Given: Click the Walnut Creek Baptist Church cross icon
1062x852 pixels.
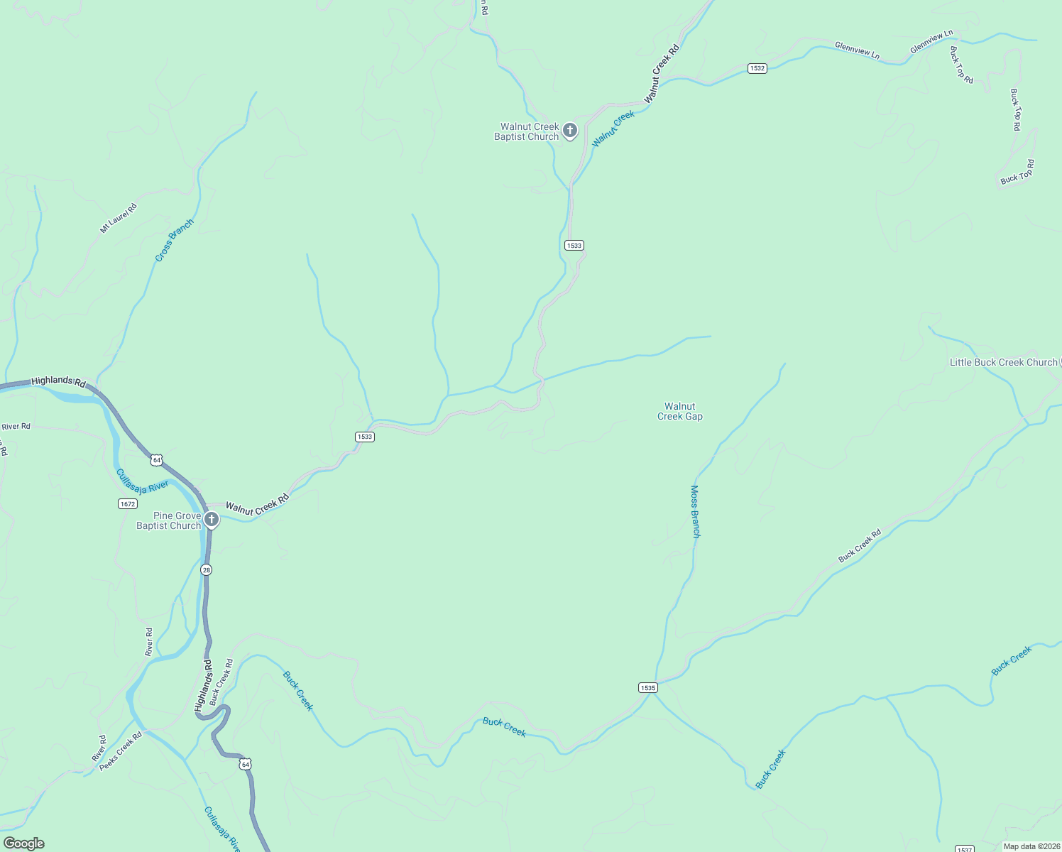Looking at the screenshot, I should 569,130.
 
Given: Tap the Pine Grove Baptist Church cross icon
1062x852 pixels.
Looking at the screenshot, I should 211,519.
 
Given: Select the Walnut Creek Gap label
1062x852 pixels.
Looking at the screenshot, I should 679,412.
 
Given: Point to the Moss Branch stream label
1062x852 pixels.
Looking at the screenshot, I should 695,511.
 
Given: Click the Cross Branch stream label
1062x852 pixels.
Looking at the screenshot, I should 174,241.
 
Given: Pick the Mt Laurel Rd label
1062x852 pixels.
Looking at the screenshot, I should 118,218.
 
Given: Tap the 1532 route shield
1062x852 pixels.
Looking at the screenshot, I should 757,68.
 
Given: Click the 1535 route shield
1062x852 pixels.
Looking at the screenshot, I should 647,687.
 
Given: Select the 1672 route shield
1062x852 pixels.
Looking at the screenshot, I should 127,504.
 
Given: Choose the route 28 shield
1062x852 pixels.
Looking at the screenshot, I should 206,569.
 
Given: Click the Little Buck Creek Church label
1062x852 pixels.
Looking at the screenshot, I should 1004,362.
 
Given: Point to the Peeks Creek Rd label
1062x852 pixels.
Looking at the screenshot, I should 121,751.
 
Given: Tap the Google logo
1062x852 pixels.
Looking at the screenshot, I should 23,843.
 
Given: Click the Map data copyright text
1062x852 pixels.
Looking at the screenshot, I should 1031,846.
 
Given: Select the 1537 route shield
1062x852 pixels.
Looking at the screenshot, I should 963,849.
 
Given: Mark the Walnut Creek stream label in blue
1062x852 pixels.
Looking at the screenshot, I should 613,129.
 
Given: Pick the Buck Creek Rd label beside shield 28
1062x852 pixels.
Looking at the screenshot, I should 221,682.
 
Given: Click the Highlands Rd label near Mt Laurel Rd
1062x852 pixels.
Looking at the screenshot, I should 58,381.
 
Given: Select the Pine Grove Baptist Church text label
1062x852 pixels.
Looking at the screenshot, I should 169,520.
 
